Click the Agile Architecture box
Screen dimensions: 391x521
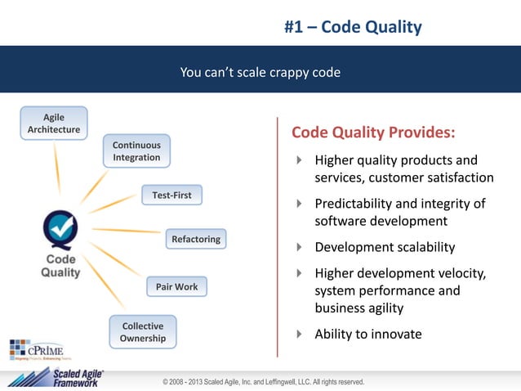tap(54, 124)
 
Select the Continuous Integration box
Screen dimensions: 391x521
tap(136, 151)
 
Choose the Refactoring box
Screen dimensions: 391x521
tap(195, 239)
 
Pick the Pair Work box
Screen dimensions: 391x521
tap(176, 286)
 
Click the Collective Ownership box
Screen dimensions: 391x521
tap(143, 331)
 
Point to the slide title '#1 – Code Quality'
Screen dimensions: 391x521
tap(353, 27)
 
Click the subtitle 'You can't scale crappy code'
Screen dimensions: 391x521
tap(260, 73)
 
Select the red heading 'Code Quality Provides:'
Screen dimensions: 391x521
tap(373, 133)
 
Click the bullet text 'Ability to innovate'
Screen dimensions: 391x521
tap(368, 334)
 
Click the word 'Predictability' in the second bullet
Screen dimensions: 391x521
tap(354, 204)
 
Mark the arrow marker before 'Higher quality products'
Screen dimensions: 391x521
tap(299, 160)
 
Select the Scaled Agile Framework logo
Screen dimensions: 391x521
tap(57, 377)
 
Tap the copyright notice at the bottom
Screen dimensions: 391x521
tap(263, 382)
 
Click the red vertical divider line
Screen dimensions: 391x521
tap(278, 237)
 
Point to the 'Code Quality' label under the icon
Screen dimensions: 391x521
tap(60, 267)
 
